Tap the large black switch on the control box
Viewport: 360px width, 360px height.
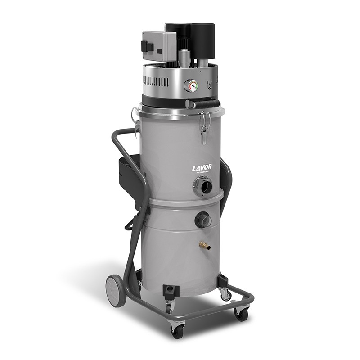click(x=146, y=46)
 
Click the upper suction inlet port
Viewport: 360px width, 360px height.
click(x=203, y=186)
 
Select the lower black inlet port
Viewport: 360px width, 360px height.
click(x=203, y=220)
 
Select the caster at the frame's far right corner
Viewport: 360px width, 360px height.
click(x=241, y=314)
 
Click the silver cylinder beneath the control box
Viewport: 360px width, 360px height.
click(x=184, y=58)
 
